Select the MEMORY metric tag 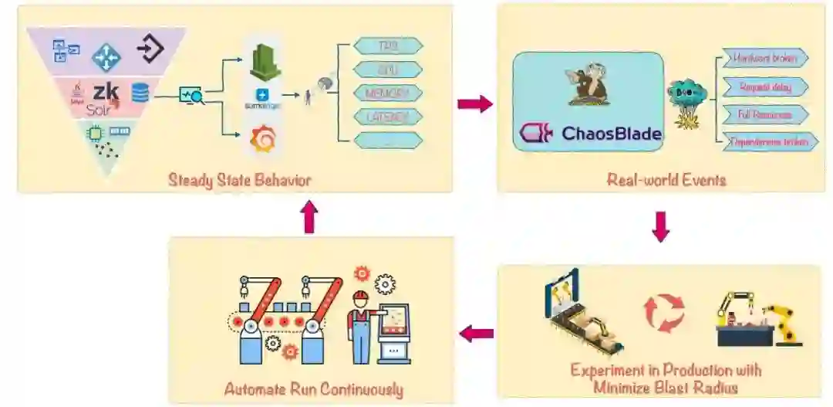click(x=388, y=93)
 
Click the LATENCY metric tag click(x=388, y=117)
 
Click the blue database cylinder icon click(x=140, y=93)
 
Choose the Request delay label click(x=764, y=86)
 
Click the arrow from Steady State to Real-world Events click(x=474, y=103)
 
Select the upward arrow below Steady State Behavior click(x=309, y=219)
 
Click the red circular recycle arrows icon click(x=664, y=313)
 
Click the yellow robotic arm click(x=785, y=322)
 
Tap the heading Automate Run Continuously click(x=313, y=388)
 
